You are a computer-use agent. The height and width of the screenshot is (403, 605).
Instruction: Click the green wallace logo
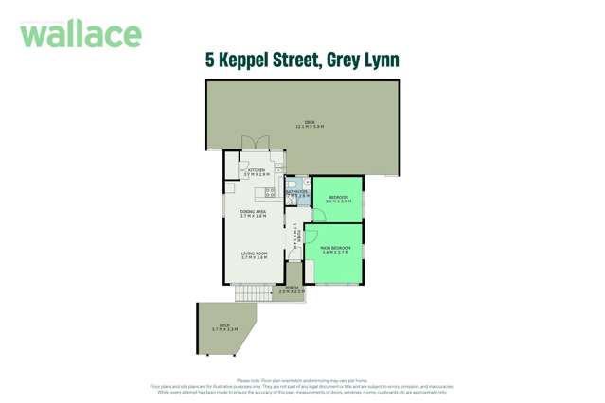(80, 35)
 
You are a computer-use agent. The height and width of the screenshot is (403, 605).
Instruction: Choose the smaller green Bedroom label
(339, 199)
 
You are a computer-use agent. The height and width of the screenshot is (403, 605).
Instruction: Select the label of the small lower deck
(224, 326)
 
